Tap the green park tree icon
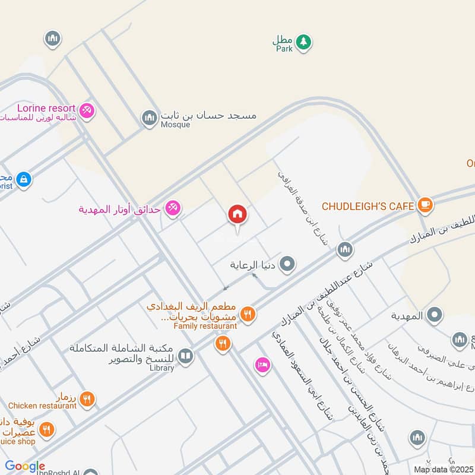point(303,42)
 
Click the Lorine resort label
point(46,109)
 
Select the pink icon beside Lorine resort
point(87,111)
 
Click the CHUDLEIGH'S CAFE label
point(368,206)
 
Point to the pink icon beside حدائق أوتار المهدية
point(173,208)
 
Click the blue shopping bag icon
point(23,179)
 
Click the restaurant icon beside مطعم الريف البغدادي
point(248,314)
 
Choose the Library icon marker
point(185,356)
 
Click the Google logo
point(25,467)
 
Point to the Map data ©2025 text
point(442,470)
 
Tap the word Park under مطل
point(284,49)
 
